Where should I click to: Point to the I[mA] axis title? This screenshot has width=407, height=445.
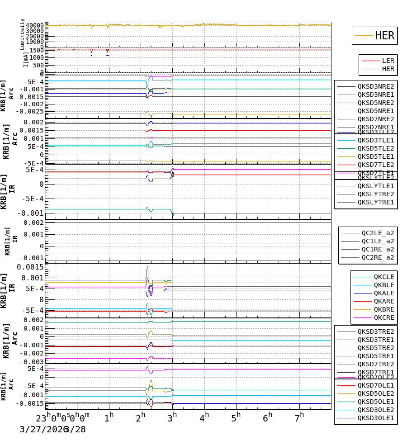point(26,59)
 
